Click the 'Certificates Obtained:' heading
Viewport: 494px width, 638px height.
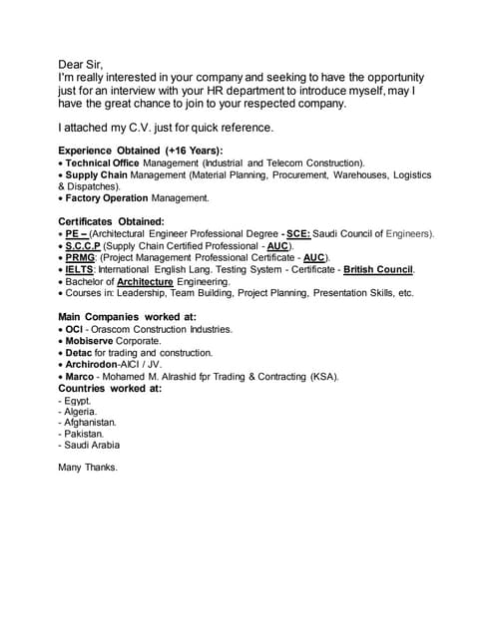coord(111,221)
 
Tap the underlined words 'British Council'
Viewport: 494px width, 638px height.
coord(378,269)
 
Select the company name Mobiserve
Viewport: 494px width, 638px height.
coord(96,341)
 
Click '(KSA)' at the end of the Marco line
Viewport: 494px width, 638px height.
coord(323,377)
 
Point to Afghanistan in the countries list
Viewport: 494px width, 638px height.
coord(91,423)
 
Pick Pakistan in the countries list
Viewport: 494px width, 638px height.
coord(83,435)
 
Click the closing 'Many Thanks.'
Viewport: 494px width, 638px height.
coord(88,467)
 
